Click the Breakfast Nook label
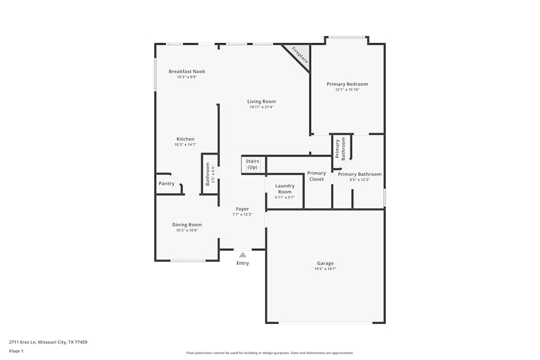(187, 71)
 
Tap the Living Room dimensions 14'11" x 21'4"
(261, 107)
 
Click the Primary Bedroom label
(347, 84)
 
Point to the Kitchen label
(185, 139)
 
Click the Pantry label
(166, 184)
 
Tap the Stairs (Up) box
(252, 165)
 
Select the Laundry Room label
(285, 189)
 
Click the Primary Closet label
(316, 176)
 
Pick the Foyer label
(242, 209)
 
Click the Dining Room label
(187, 225)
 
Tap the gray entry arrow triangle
(242, 255)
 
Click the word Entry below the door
(242, 263)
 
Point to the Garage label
(325, 263)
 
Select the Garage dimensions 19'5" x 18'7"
(325, 269)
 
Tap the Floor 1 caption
(17, 351)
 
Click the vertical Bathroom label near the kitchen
(207, 174)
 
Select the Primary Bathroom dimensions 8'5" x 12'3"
(359, 180)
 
